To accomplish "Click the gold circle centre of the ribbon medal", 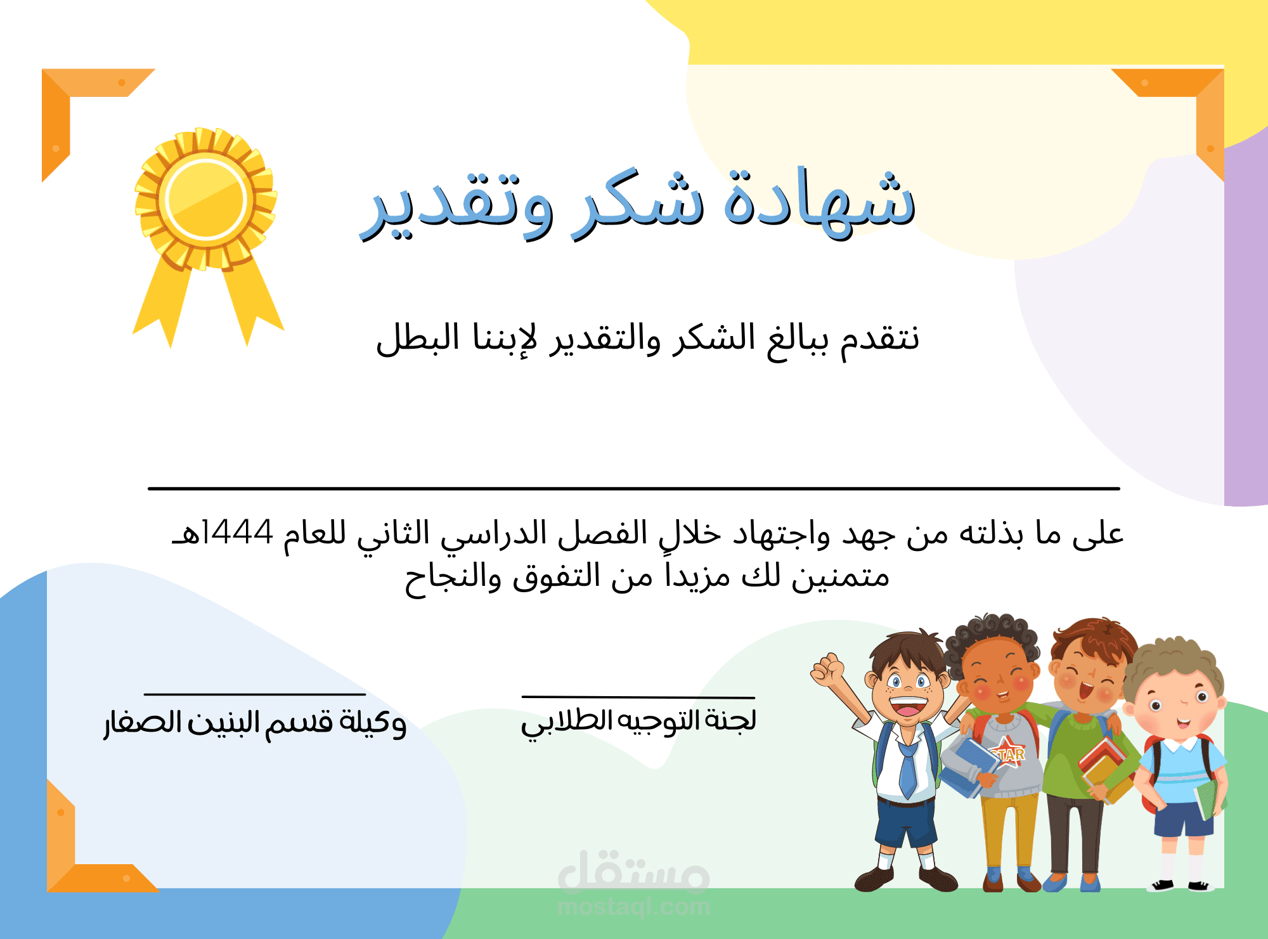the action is (205, 200).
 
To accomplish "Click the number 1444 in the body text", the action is (238, 532).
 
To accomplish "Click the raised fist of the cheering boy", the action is (827, 670).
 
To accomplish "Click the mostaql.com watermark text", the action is (633, 907).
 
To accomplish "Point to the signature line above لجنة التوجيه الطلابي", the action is (638, 697).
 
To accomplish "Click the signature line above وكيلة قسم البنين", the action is (255, 694).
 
